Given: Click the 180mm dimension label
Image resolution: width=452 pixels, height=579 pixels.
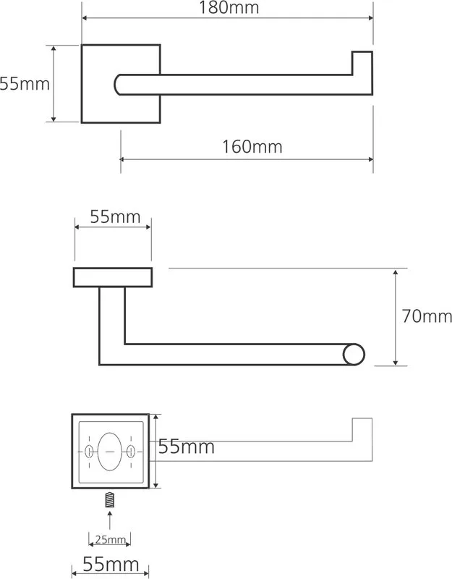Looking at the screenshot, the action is [x=229, y=8].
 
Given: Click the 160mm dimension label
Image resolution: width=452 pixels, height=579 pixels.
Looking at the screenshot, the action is [x=252, y=147].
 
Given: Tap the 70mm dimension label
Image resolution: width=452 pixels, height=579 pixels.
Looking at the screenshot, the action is [x=427, y=316].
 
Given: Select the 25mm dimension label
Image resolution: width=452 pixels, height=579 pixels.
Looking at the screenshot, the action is [x=111, y=539].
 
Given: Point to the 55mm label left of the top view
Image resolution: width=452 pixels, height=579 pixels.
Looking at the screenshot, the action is [x=25, y=84].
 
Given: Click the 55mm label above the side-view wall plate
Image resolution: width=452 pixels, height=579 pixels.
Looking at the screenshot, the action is [x=115, y=216].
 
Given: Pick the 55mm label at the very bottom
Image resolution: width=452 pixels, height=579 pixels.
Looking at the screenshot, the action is [x=111, y=565].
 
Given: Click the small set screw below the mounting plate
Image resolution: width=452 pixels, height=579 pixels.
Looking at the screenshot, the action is [x=110, y=499].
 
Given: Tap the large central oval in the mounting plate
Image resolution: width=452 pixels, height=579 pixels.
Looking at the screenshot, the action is [x=110, y=452].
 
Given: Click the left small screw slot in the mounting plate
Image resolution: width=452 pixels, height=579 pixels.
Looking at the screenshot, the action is [x=88, y=451].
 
